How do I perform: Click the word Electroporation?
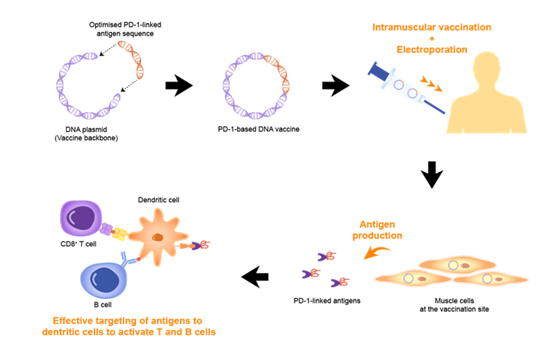pos(431,50)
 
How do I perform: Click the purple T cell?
pos(81,218)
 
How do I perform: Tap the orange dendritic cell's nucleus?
pos(158,237)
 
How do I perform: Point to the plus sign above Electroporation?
pos(431,39)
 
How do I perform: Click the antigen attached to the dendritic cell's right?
pos(199,245)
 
